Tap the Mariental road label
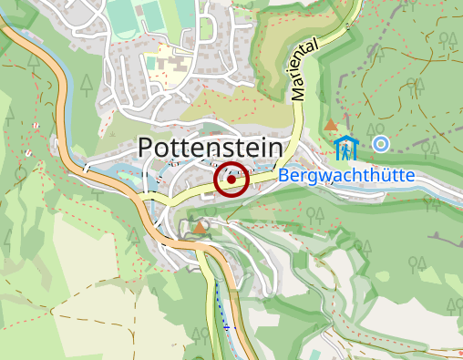point(304,69)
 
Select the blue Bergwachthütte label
point(347,176)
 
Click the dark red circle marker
point(231,180)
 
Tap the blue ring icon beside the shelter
point(381,143)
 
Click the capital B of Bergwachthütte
point(285,176)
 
